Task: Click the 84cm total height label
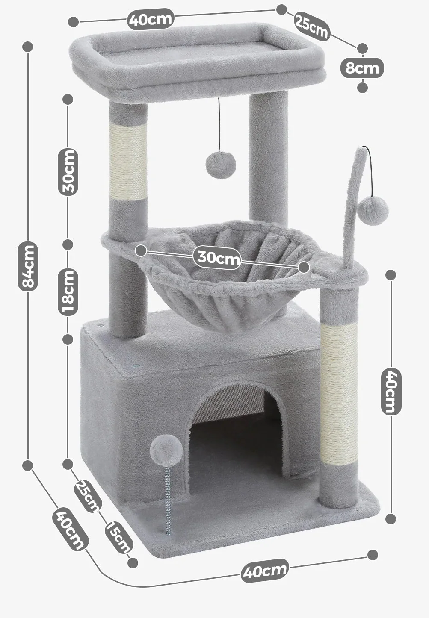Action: coord(28,266)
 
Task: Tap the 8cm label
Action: coord(362,68)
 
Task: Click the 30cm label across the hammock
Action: coord(219,258)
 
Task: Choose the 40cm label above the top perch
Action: coord(151,19)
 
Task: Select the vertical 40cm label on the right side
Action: coord(391,391)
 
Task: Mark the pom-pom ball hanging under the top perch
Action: coord(221,165)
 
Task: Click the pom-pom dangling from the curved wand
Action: coord(373,210)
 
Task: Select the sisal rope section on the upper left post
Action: coord(128,162)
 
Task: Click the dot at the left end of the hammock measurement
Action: coord(141,250)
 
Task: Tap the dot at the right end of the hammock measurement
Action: coord(304,267)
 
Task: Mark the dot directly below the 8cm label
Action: coord(362,88)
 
